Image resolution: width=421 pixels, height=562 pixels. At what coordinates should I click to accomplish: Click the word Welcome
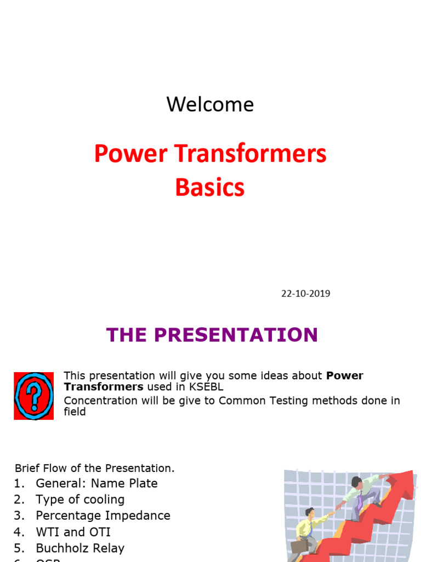(210, 104)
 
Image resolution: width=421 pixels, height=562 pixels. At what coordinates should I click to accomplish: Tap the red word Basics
(210, 188)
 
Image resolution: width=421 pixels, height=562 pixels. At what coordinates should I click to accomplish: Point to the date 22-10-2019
(305, 293)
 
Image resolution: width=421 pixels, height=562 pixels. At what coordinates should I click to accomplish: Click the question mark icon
(33, 396)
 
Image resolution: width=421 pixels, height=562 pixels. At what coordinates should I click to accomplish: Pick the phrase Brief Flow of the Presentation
(94, 468)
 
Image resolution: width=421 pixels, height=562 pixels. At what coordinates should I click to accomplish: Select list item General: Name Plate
(96, 484)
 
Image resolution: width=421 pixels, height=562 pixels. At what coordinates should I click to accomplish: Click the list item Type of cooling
(80, 499)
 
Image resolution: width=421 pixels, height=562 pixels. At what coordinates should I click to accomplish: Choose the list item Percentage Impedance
(103, 516)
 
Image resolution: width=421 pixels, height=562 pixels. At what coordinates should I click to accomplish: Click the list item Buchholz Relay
(80, 548)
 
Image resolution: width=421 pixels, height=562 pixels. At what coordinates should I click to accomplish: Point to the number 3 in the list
(19, 516)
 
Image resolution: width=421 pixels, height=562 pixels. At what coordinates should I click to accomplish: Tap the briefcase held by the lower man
(299, 546)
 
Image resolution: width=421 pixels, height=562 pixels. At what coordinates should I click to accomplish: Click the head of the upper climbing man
(357, 482)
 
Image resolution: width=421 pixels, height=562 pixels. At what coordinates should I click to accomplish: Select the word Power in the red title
(123, 154)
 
